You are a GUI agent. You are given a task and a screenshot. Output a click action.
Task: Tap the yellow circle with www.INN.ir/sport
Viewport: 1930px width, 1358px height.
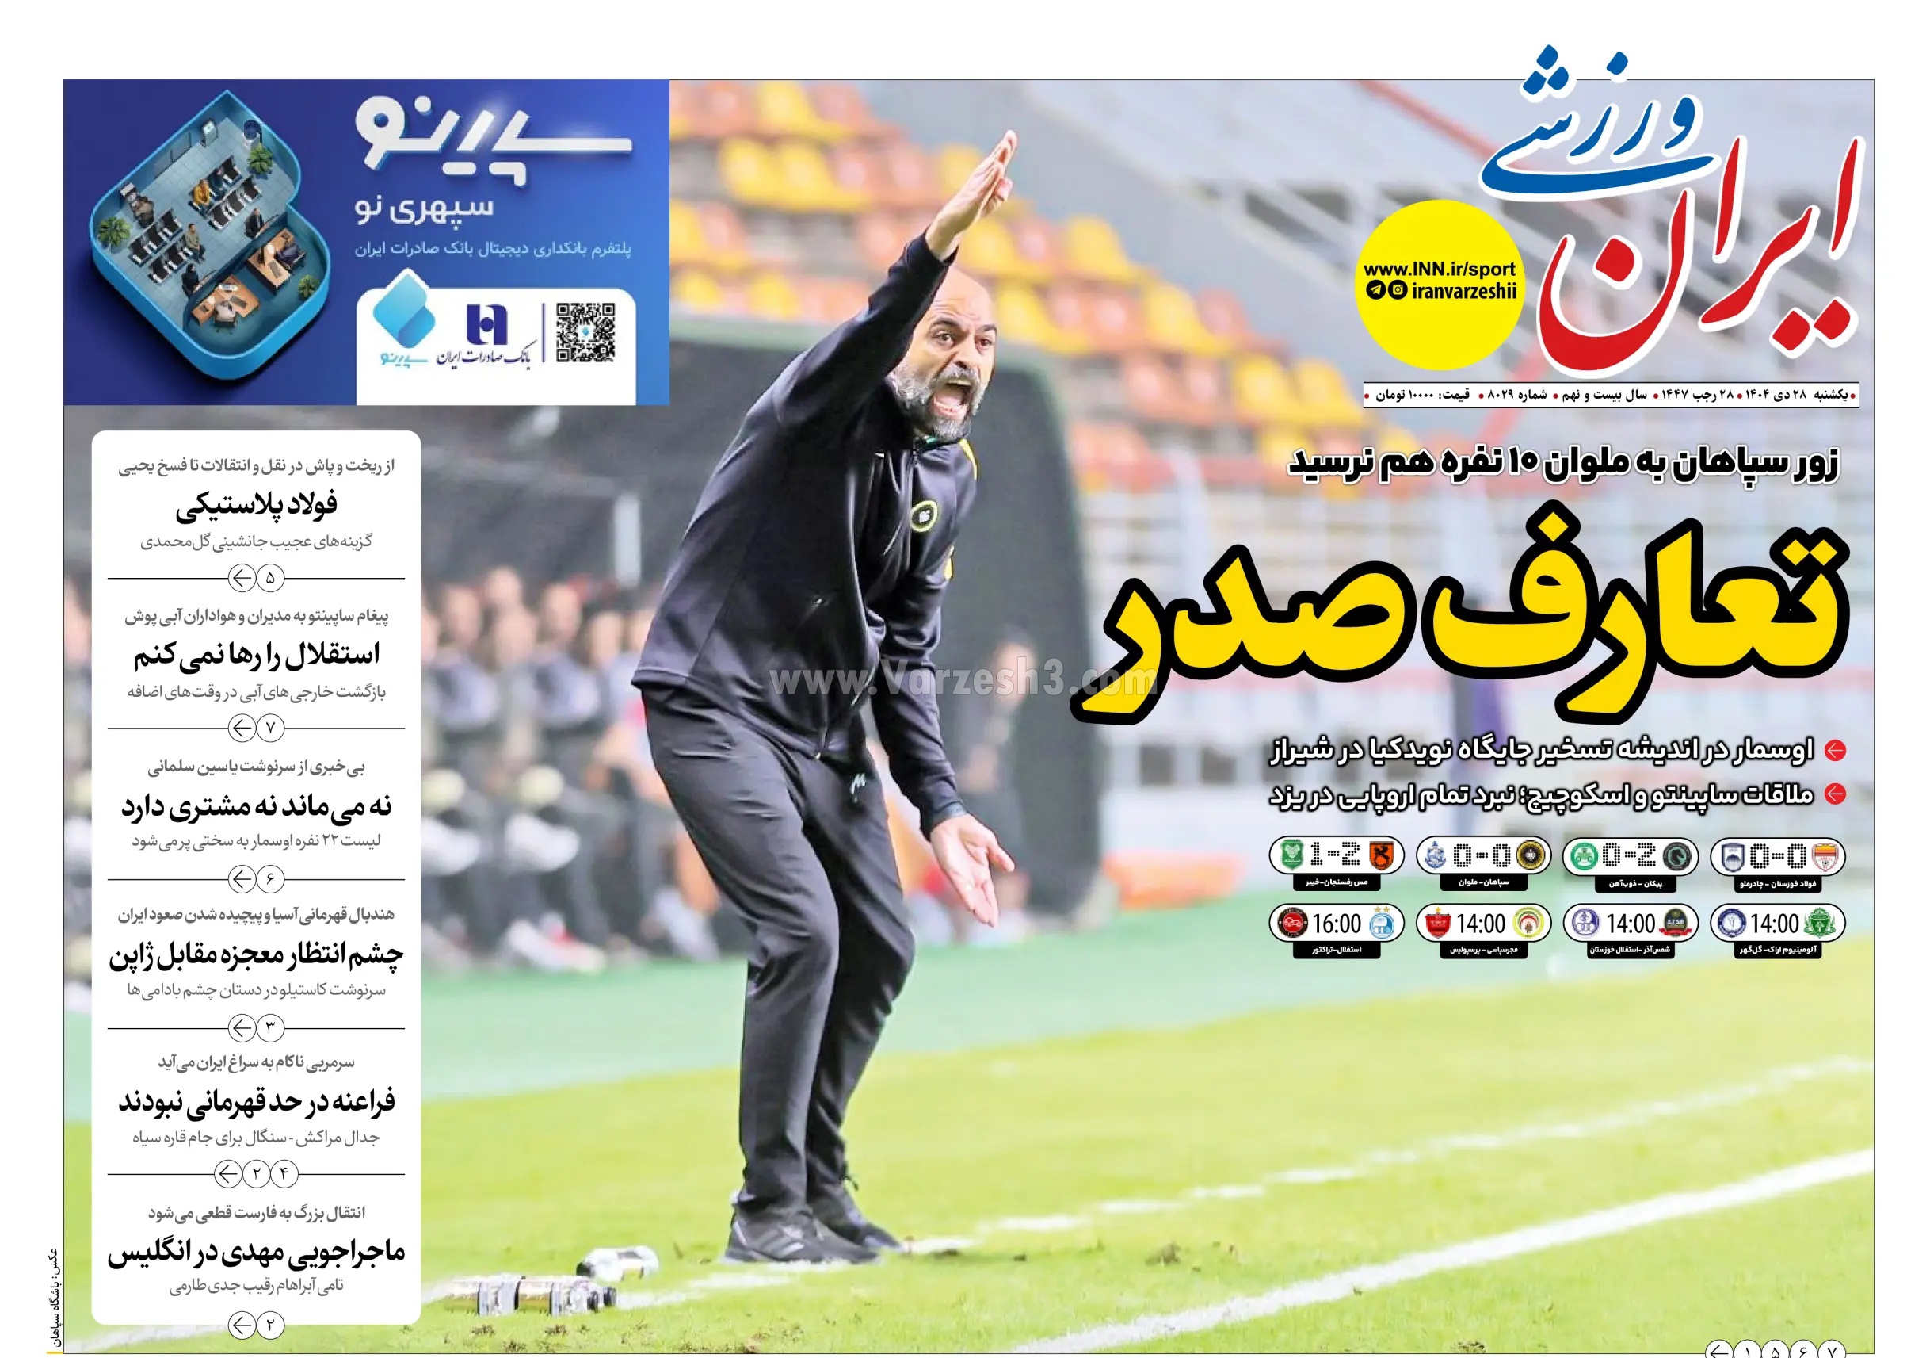pos(1439,285)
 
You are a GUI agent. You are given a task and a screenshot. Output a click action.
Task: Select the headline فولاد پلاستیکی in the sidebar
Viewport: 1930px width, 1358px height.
pos(257,503)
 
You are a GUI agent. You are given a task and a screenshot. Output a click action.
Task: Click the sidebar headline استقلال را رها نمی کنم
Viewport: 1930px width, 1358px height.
pos(257,654)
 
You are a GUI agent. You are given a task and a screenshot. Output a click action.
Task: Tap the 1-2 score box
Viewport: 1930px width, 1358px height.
pos(1336,856)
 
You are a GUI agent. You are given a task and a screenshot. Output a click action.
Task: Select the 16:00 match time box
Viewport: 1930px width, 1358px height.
pos(1336,924)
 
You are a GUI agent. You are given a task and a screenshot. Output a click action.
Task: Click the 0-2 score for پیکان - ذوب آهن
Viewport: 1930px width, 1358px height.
pos(1629,856)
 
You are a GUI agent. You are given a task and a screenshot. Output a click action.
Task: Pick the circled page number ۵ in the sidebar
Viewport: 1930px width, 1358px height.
pos(270,579)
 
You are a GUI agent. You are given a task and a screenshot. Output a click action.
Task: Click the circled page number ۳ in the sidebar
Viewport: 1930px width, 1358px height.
pos(270,1027)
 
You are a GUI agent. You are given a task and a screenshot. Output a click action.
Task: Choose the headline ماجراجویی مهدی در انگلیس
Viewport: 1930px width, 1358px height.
pos(257,1252)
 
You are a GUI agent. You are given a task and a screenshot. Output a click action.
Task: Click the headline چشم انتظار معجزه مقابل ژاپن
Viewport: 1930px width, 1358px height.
pos(257,954)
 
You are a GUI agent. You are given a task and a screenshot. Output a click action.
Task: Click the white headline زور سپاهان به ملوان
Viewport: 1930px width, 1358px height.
pos(1563,464)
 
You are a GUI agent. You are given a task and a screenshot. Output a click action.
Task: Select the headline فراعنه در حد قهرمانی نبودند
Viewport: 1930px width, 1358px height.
pos(257,1101)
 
